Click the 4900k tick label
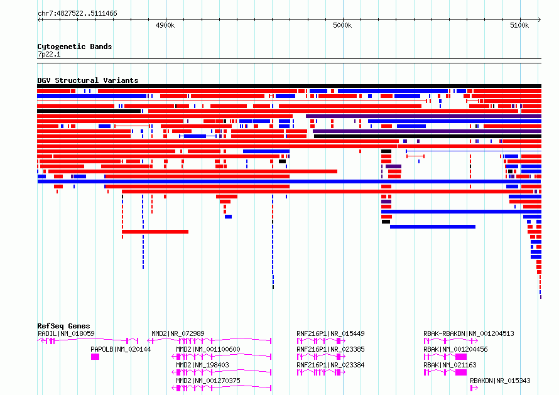(165, 25)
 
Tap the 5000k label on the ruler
(342, 25)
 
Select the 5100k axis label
(519, 25)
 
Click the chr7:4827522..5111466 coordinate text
(77, 14)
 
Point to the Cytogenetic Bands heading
(75, 46)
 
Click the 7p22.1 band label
(49, 54)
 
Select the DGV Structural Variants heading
(88, 80)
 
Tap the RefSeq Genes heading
(63, 326)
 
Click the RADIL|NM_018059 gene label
(66, 333)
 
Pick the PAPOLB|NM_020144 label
(121, 349)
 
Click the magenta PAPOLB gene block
(95, 357)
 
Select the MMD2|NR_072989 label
(178, 333)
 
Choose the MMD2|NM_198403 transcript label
(202, 365)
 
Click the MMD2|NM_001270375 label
(208, 381)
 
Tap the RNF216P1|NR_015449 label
(330, 333)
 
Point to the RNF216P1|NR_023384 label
(330, 365)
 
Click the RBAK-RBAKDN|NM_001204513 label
(469, 333)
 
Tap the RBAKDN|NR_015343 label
(500, 381)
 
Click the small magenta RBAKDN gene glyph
(474, 388)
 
